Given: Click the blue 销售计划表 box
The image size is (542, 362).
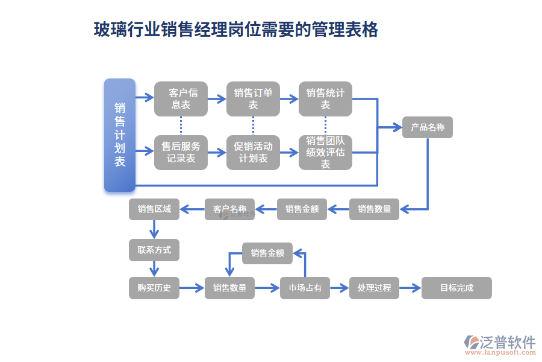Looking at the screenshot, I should (119, 135).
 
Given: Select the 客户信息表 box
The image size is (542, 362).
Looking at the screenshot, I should (181, 98).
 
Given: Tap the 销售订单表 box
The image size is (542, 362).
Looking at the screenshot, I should (253, 98).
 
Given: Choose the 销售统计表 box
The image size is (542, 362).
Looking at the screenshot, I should (325, 98).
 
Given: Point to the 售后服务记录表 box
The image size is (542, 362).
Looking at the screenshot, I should (181, 152).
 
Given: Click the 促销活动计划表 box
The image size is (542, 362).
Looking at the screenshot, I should (253, 152).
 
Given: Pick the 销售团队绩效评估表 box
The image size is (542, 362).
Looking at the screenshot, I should (325, 152).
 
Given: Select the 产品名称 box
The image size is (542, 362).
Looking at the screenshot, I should (427, 127).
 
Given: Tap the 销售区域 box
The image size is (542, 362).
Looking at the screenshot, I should (154, 209).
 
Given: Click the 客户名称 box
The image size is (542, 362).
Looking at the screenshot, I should (229, 209).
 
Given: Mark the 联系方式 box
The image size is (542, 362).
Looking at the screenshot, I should (154, 250).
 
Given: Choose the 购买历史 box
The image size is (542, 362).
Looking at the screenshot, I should (154, 288).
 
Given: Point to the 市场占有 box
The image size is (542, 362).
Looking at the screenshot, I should (305, 288).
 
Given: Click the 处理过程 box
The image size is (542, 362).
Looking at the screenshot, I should (374, 288).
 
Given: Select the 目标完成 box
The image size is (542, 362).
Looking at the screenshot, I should (456, 288).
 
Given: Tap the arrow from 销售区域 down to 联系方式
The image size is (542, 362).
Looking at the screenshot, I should (154, 229).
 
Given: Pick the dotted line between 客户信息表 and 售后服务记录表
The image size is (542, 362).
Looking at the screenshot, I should (181, 125).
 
